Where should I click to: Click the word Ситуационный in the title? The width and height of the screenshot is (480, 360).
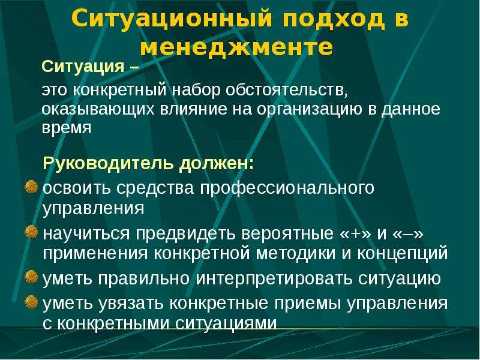tap(172, 19)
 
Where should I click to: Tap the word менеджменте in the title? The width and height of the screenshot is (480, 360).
tap(236, 47)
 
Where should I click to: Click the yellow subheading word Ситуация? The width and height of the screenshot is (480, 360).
tap(83, 67)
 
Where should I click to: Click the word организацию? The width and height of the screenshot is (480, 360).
tap(310, 110)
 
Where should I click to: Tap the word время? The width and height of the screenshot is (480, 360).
tap(67, 128)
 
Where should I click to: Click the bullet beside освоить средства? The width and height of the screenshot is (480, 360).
tap(31, 187)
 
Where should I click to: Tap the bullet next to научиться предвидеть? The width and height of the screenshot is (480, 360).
tap(31, 232)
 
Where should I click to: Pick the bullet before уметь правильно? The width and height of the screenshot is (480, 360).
tap(31, 277)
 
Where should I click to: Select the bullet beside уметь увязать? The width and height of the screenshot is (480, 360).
tap(31, 302)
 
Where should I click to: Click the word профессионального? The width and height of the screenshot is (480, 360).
tap(287, 188)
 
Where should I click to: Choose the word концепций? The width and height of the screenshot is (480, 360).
tap(402, 254)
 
